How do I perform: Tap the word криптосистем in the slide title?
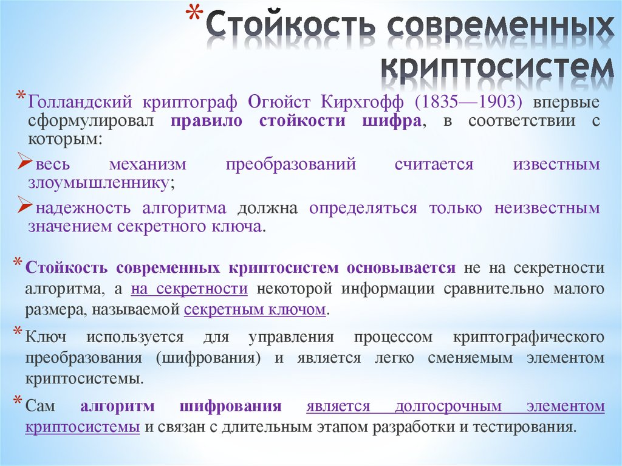pyautogui.click(x=497, y=68)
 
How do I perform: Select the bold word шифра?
pyautogui.click(x=393, y=120)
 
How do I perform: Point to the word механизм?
pyautogui.click(x=148, y=165)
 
